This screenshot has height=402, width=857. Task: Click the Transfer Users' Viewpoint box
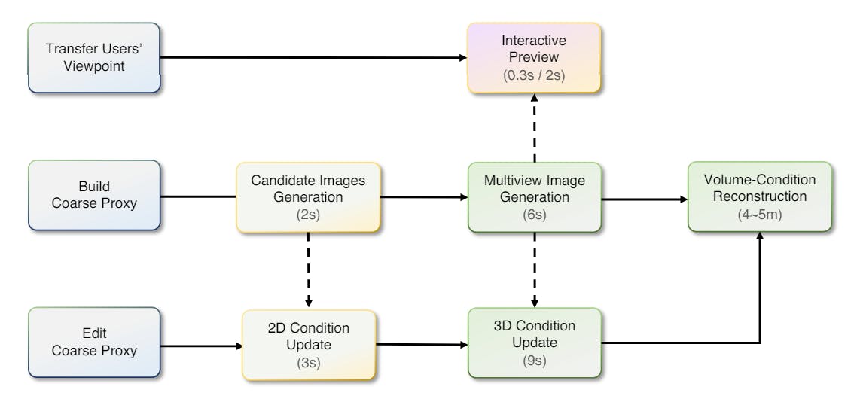pos(94,58)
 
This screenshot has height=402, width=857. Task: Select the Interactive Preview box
pos(534,58)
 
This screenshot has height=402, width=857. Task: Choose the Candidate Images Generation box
pos(309,196)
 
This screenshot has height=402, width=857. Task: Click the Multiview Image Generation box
pos(534,197)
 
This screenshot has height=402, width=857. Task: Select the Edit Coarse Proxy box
pos(94,342)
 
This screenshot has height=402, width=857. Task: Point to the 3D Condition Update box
pos(534,343)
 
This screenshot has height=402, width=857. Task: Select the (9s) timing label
pos(534,361)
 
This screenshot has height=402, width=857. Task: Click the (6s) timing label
pos(534,215)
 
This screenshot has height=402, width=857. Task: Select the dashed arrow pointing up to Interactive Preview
pos(534,128)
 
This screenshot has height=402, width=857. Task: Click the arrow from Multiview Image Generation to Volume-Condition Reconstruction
pos(645,200)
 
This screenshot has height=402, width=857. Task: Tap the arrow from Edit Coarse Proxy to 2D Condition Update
pos(200,347)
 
